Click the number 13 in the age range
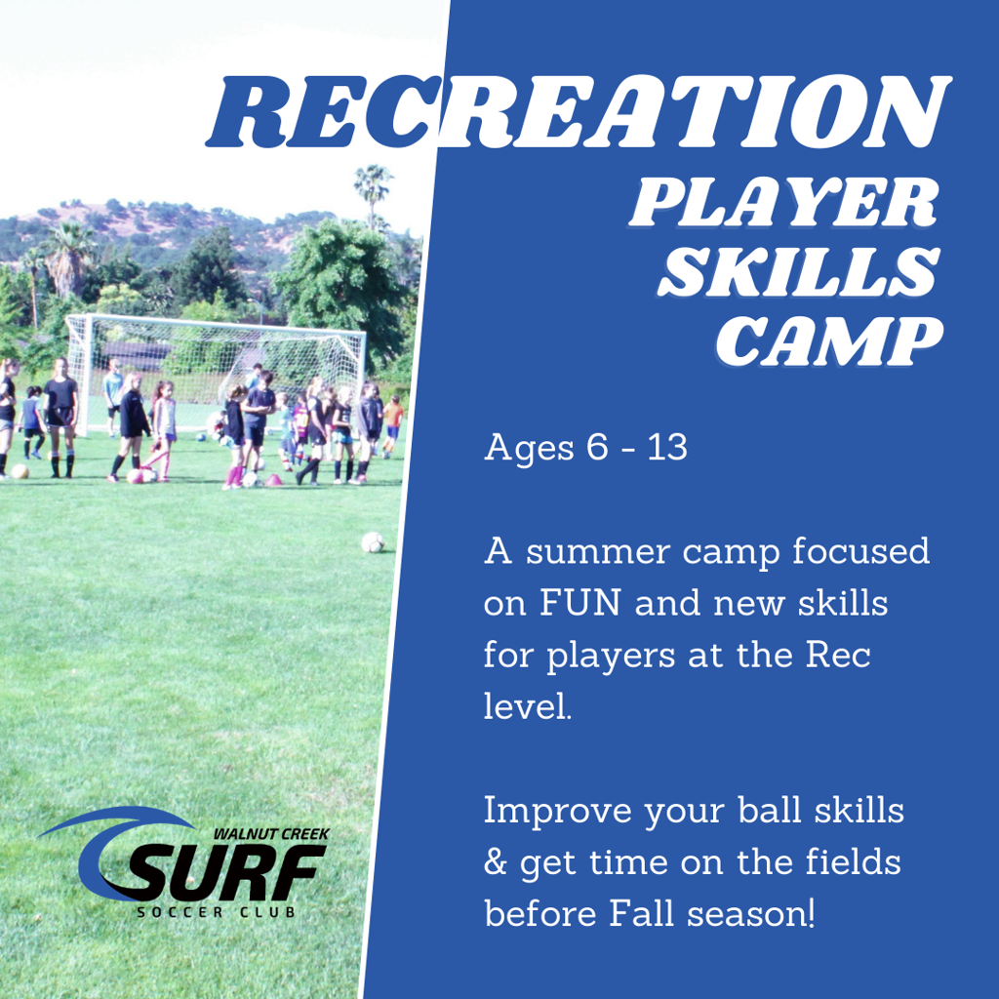point(665,448)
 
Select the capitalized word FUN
point(580,603)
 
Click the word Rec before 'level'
point(837,654)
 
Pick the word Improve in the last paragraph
point(555,811)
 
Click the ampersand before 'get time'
point(495,863)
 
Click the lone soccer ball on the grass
point(372,542)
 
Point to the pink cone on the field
point(274,479)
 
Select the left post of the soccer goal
point(83,376)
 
